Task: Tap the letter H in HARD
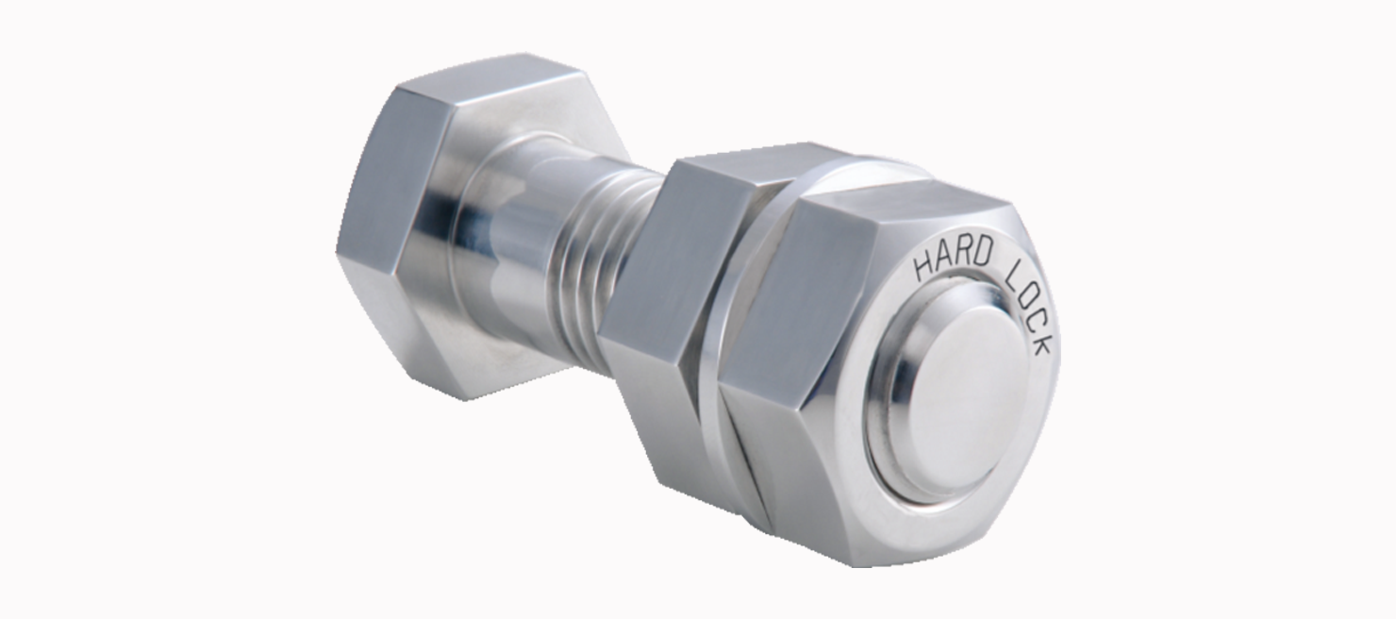tap(922, 267)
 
